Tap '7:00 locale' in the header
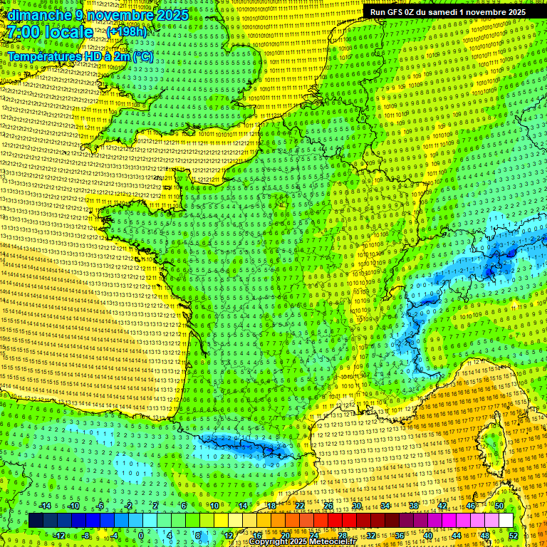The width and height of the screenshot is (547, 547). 51,32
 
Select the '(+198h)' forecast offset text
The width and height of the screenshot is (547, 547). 127,32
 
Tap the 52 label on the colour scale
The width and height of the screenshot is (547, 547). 514,535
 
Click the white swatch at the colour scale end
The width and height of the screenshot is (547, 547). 506,520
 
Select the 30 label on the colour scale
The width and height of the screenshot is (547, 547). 357,506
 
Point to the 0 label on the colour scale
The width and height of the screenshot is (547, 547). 142,535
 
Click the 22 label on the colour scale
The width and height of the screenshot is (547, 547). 300,506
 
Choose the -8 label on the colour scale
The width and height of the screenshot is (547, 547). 86,535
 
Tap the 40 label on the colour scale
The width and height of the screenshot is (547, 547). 428,535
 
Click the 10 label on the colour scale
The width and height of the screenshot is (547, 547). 214,506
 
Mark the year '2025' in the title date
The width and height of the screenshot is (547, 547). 174,15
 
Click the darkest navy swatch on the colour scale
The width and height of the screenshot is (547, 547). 36,520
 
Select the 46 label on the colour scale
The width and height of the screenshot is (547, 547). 471,506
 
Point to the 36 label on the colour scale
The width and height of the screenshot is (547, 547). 400,535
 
